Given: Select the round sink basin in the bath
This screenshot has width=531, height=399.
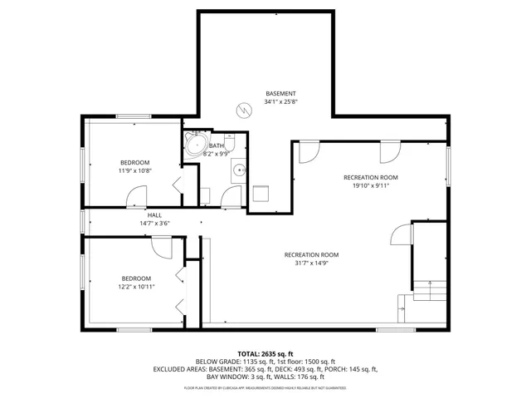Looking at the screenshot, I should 239,170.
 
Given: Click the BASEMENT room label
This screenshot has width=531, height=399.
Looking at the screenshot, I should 280,93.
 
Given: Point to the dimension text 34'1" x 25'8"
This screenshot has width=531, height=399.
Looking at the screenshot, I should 280,102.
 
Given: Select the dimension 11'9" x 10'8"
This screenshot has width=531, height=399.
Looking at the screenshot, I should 135,170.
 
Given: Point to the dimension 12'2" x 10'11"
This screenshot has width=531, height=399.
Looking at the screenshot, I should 137,287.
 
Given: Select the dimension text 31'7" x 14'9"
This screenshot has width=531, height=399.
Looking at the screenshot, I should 311,264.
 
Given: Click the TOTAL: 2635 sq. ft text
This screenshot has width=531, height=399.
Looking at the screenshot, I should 266,353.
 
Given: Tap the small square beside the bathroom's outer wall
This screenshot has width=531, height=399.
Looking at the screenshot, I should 261,193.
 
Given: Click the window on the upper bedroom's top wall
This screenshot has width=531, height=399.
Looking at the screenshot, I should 133,116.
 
